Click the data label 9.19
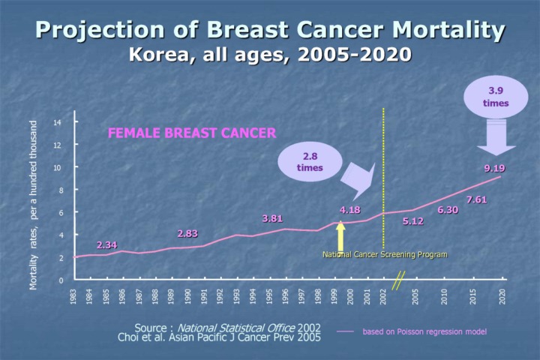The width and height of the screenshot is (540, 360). click(x=494, y=168)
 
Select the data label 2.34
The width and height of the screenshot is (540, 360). click(x=106, y=245)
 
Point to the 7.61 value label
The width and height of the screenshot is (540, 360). click(x=477, y=199)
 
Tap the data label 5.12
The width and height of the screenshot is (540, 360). click(x=413, y=221)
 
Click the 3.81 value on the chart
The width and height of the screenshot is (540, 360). click(x=272, y=218)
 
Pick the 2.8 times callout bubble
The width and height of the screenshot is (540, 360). click(x=310, y=162)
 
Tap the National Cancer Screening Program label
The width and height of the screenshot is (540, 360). click(x=385, y=254)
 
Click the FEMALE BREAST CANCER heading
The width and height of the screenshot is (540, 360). click(x=192, y=133)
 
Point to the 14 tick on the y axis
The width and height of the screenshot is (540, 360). click(x=58, y=122)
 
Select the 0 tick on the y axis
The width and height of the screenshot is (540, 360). click(x=60, y=280)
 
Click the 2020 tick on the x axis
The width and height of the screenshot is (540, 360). click(x=502, y=296)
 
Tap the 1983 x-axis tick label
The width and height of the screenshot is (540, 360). click(x=73, y=296)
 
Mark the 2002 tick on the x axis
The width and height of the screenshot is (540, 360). click(x=383, y=296)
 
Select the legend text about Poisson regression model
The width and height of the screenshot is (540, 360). click(x=424, y=331)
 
